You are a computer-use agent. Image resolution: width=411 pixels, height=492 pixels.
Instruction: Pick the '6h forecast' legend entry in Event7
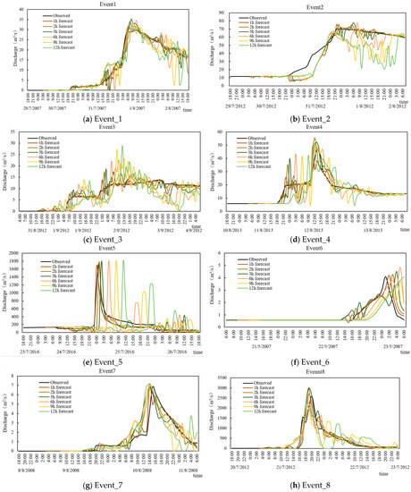coord(64,400)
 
